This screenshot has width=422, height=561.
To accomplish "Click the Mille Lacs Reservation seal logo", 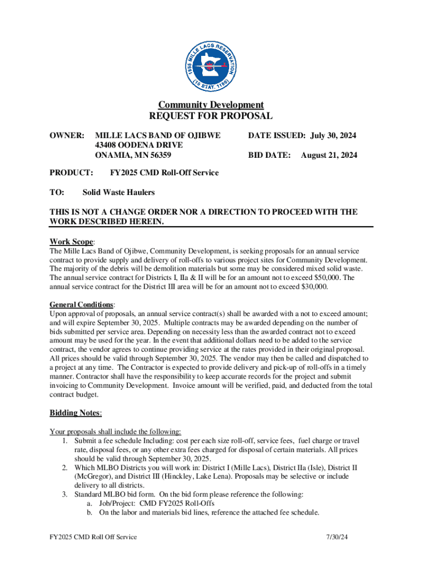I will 210,66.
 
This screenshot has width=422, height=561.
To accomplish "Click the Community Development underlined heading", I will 211,105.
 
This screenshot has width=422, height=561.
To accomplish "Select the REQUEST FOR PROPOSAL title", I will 211,116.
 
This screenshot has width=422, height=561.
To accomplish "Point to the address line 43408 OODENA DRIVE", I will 139,145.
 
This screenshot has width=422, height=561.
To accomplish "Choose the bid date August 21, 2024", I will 329,156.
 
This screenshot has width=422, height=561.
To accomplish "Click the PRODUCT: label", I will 71,173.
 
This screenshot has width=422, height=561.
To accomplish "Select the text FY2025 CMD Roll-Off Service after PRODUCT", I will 164,173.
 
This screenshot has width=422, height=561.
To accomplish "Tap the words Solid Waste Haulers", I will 118,192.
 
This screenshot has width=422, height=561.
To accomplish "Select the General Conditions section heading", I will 82,304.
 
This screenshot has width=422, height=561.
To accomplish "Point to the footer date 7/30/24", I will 335,537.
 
